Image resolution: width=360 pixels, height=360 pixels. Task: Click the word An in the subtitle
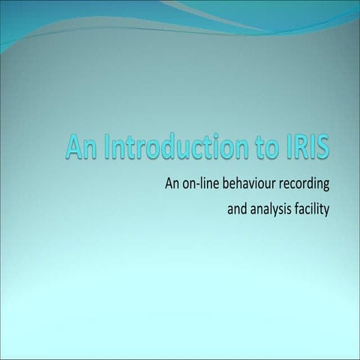(x=162, y=183)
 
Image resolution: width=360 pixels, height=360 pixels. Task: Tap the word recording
(x=304, y=184)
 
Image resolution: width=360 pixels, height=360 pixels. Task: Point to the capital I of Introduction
(x=106, y=147)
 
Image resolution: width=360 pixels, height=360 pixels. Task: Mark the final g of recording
(x=327, y=185)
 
